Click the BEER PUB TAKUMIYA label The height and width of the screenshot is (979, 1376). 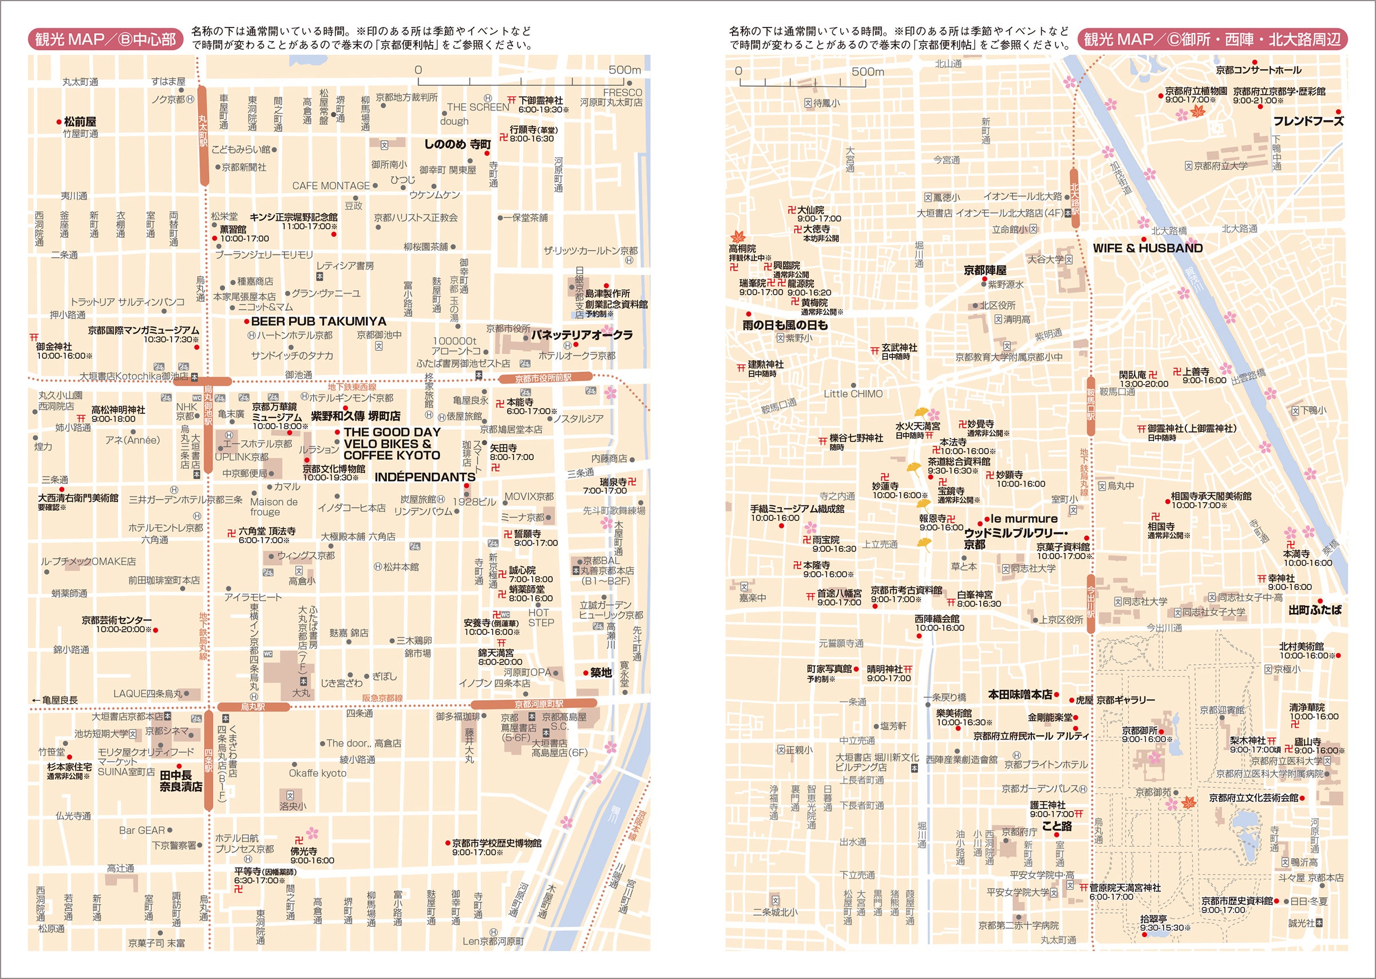(318, 321)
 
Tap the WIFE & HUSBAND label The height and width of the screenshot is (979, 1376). (1148, 248)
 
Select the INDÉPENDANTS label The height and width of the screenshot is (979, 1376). (425, 477)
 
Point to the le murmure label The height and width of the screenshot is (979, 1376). (1024, 519)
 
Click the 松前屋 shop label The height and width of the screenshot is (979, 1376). (80, 122)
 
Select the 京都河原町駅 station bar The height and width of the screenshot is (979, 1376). (534, 704)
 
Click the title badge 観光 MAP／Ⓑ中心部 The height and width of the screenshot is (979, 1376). (105, 40)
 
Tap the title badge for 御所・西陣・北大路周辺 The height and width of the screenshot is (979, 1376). (1212, 40)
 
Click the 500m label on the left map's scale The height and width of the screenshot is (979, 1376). (624, 70)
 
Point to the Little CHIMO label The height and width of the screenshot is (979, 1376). (853, 394)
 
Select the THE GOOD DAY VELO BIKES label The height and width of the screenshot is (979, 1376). (392, 444)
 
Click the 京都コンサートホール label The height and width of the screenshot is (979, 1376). (1259, 70)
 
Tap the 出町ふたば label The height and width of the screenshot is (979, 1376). (1315, 610)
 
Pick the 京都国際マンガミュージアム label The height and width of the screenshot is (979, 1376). (144, 330)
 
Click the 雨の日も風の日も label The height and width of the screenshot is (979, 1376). (785, 326)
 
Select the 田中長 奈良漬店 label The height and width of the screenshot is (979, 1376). (180, 781)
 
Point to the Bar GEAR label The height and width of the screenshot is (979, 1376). (143, 831)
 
